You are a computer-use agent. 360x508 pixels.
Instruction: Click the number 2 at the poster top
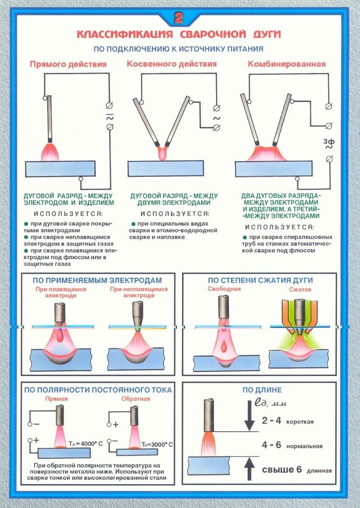click(x=179, y=18)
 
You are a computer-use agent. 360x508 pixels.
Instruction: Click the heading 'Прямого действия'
click(x=68, y=64)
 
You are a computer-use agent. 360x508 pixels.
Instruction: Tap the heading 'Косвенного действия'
click(x=172, y=64)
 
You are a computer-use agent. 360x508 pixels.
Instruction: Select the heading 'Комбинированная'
click(x=287, y=64)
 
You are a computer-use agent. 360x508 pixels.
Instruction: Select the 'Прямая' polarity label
click(x=56, y=399)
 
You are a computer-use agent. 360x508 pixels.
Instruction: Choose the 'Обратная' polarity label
click(x=136, y=399)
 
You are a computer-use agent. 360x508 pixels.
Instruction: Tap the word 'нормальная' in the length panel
click(x=304, y=447)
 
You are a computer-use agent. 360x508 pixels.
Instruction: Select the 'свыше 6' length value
click(x=282, y=469)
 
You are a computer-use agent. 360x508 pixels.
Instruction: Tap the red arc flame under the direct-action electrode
click(x=50, y=152)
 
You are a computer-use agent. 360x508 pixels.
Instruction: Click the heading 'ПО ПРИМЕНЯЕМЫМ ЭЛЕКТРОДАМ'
click(x=97, y=280)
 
